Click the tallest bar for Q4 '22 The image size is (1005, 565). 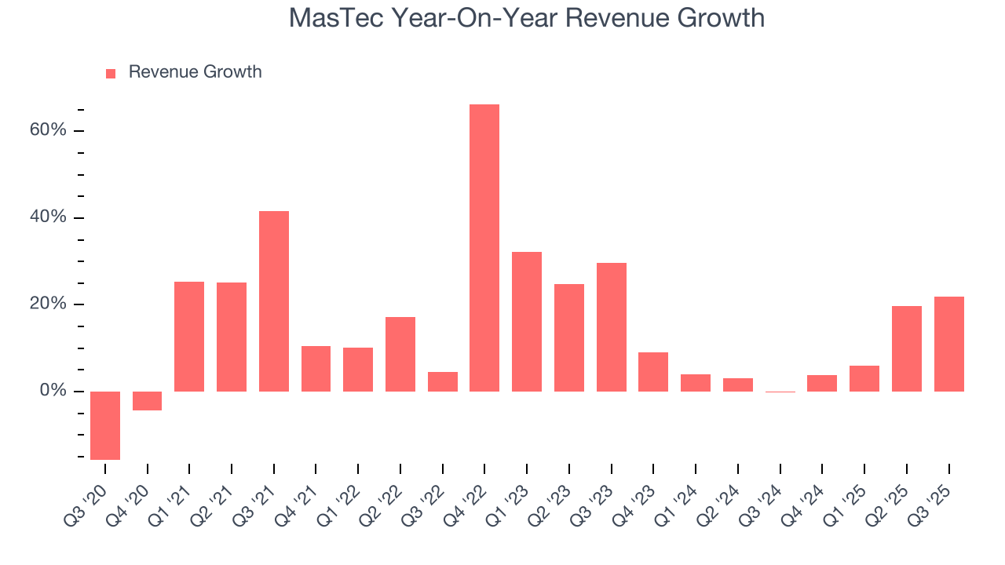[x=484, y=248]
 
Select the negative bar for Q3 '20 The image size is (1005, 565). [x=105, y=425]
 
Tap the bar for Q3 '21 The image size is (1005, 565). [x=274, y=301]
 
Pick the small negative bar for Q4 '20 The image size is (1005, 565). [x=148, y=401]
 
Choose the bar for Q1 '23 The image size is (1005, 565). [x=527, y=322]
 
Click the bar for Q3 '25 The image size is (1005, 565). [x=948, y=344]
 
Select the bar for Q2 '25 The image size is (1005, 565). [x=906, y=348]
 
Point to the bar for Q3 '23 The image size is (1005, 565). [x=611, y=327]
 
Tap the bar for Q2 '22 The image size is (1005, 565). [x=400, y=354]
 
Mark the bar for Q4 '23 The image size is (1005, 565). [x=653, y=372]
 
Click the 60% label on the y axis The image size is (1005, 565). [x=48, y=130]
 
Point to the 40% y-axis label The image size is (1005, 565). [x=48, y=217]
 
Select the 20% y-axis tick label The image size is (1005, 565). [x=48, y=304]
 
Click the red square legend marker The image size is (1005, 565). [x=111, y=73]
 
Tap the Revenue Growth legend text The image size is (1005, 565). [x=195, y=72]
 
